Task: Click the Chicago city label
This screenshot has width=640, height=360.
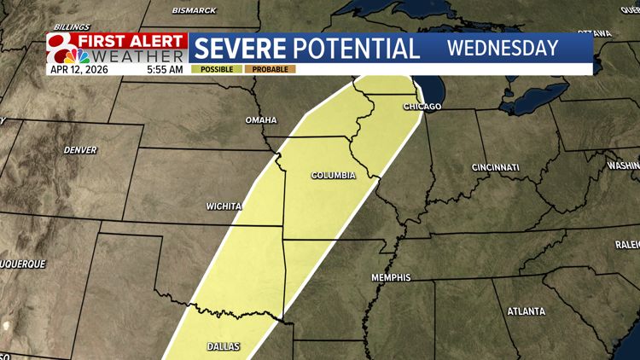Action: pyautogui.click(x=423, y=107)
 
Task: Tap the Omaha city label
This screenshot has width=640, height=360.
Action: pyautogui.click(x=261, y=120)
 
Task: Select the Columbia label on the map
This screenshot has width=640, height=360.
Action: pyautogui.click(x=333, y=176)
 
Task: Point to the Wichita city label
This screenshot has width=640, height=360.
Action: pyautogui.click(x=224, y=206)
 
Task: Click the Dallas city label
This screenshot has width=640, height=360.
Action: pyautogui.click(x=224, y=346)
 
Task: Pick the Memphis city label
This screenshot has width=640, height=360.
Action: pyautogui.click(x=391, y=278)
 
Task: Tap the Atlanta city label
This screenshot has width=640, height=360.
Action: pyautogui.click(x=526, y=311)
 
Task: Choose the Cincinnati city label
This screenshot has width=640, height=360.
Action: pyautogui.click(x=494, y=167)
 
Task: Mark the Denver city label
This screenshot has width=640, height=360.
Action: pyautogui.click(x=80, y=149)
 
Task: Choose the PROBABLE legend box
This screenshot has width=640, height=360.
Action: pyautogui.click(x=271, y=68)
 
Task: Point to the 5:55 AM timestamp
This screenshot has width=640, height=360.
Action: pyautogui.click(x=164, y=68)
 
